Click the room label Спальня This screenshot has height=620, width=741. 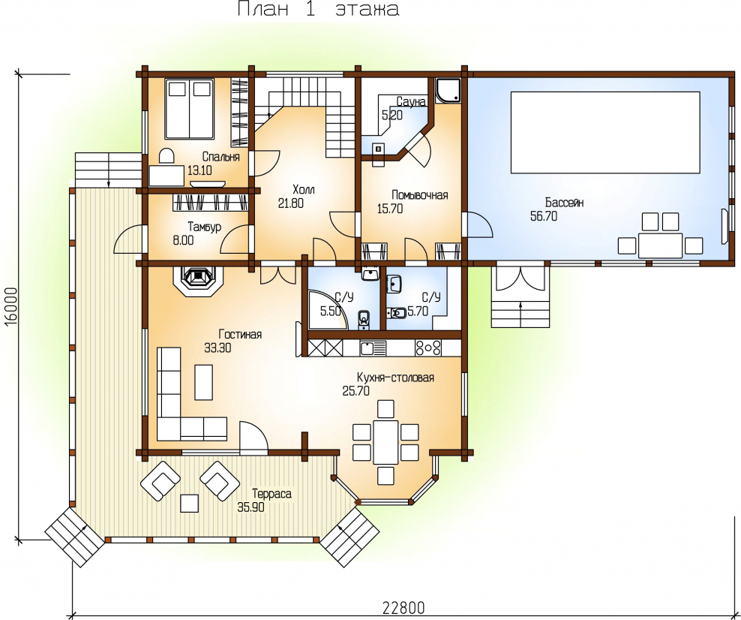[220, 157]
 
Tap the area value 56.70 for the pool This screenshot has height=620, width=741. [544, 216]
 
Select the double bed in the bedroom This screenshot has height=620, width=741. [190, 109]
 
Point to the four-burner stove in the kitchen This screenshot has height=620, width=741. [427, 348]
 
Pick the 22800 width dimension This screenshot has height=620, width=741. [403, 607]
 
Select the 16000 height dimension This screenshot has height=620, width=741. [11, 305]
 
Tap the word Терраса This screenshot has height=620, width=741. [271, 494]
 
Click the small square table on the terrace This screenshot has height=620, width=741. [190, 503]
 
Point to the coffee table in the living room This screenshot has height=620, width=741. [204, 382]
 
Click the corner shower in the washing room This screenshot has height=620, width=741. [447, 90]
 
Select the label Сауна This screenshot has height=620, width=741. [411, 101]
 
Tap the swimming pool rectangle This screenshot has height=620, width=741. [605, 132]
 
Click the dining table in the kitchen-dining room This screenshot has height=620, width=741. [385, 441]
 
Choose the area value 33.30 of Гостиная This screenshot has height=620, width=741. [217, 348]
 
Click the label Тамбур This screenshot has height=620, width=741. [204, 227]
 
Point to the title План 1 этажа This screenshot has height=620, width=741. [318, 9]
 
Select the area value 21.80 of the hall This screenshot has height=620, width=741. [291, 203]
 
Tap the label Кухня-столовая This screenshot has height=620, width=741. [395, 378]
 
